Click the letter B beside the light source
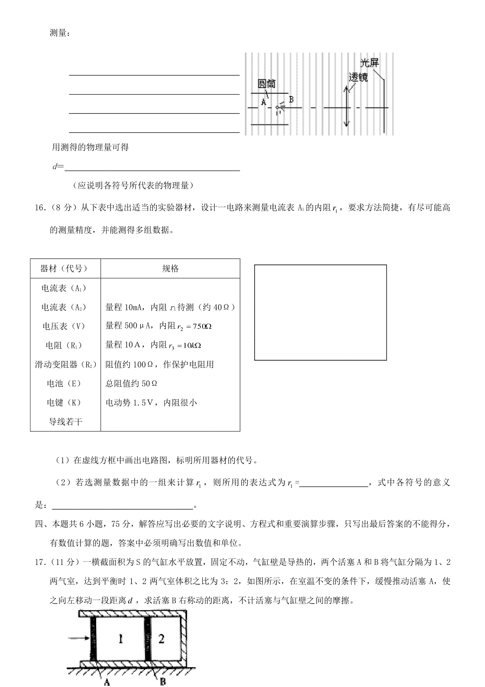[x=291, y=100]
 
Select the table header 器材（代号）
[x=64, y=269]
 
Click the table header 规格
[x=170, y=269]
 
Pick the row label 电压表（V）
[x=64, y=326]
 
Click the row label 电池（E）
[x=64, y=384]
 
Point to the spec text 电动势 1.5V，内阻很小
[x=151, y=403]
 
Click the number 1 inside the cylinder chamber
[x=120, y=638]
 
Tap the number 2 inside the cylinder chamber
[x=161, y=638]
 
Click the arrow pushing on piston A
[x=79, y=638]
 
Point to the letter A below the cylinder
[x=108, y=682]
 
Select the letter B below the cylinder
[x=162, y=682]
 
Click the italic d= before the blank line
[x=58, y=166]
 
